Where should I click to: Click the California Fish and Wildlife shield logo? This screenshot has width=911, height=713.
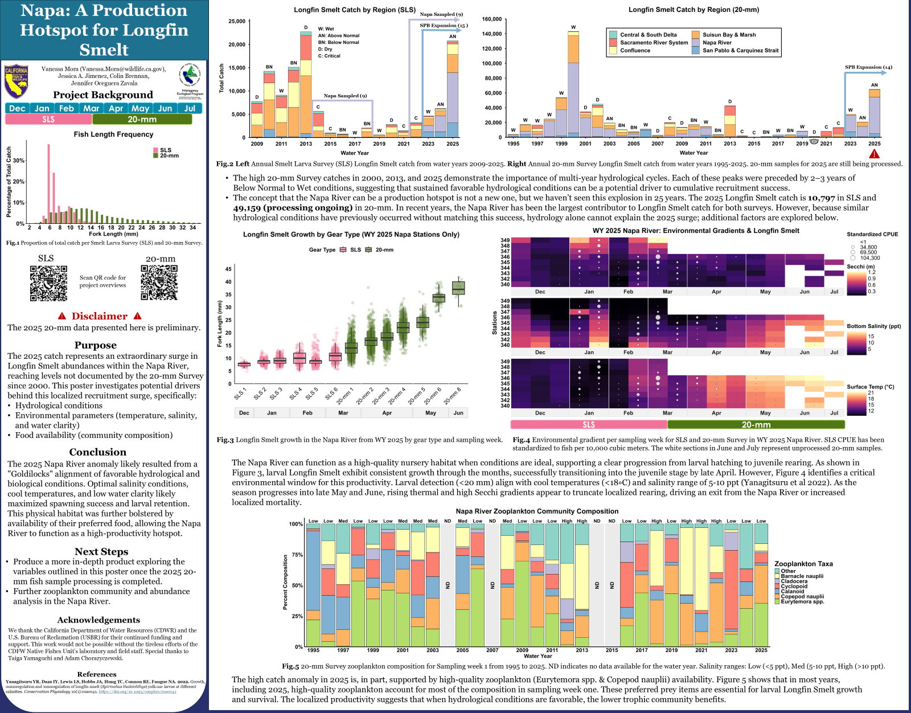coord(17,81)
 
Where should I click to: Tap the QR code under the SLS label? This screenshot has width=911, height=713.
coord(48,283)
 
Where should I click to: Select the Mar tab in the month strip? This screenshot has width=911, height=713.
coord(91,108)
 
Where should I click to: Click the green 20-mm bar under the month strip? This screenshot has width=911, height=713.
coord(142,120)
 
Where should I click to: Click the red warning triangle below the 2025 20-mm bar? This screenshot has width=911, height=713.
coord(874,154)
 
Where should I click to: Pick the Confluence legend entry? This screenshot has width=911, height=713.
coord(634,51)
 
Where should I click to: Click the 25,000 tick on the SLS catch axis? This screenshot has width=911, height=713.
coord(236,22)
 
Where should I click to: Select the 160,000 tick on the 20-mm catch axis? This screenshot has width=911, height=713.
coord(491,19)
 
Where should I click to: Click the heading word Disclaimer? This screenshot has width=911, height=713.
coord(100,317)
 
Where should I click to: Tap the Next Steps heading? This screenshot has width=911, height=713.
coord(101,552)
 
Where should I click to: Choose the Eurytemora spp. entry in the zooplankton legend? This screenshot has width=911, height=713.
coord(802,601)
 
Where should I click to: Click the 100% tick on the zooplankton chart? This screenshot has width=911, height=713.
coord(296,524)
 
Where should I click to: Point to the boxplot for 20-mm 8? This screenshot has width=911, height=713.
coord(458,288)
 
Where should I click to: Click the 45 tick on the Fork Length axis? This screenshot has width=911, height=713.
coord(228,269)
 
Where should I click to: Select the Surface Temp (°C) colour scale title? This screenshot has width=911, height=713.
coord(870,387)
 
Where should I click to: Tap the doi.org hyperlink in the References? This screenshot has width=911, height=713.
coord(137,692)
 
